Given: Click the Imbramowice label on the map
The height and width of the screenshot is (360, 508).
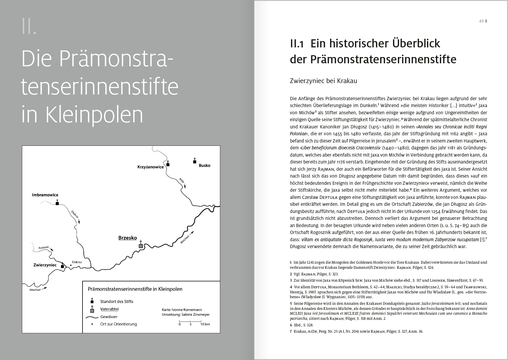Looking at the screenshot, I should pos(45,195).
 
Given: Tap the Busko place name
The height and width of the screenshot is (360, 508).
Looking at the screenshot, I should pos(204,165).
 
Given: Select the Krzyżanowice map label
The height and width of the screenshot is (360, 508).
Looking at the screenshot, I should pos(151,167).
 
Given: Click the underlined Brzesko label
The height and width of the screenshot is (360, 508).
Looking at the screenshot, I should pos(128,238).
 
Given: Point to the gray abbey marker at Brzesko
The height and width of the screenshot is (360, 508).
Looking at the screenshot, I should pos(140,246).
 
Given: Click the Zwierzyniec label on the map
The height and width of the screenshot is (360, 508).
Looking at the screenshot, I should pos(45,265).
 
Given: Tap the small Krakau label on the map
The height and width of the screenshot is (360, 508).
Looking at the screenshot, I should pos(77,262).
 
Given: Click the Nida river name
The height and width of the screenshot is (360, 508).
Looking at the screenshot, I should pos(182,180).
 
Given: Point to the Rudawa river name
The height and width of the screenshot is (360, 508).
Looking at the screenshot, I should pos(43,248).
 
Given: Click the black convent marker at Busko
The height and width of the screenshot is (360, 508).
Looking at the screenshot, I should pos(194,162).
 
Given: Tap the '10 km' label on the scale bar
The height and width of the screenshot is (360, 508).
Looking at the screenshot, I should pos(205,324).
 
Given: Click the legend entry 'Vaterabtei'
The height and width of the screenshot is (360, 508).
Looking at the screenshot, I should pos(110,309).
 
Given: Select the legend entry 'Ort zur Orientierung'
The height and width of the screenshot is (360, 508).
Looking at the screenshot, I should pos(119,324).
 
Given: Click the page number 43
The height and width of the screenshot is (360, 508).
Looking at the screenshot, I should pos(481,21).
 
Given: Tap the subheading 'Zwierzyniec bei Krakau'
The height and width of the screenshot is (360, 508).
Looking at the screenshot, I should pos(323,81).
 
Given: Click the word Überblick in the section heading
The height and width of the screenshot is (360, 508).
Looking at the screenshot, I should pos(416,43).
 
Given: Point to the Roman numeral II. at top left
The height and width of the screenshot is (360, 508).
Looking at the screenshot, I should pos(29,26).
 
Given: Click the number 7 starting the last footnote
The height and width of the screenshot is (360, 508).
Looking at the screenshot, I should pos(291,331).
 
